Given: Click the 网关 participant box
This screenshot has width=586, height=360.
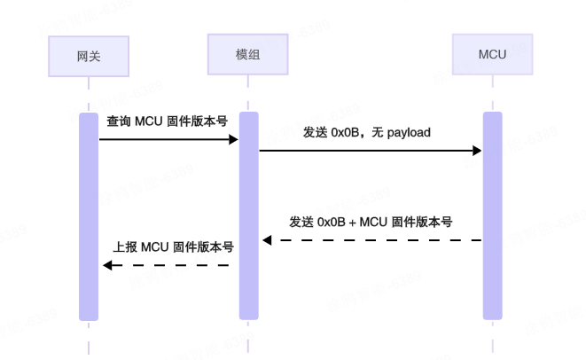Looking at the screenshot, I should tap(89, 56).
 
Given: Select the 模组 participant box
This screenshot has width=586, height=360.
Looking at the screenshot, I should tap(247, 54).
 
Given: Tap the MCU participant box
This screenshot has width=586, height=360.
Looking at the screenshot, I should tap(492, 54).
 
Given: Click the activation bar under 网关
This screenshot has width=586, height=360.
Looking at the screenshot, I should tap(89, 216).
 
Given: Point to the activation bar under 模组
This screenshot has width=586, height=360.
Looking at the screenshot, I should tap(248, 216).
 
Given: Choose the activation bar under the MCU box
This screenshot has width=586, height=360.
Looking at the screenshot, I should tap(492, 216).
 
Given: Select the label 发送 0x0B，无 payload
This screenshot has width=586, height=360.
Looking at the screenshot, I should tap(366, 132).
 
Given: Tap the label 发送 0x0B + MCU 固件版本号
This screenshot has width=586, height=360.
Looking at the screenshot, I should tap(371, 222).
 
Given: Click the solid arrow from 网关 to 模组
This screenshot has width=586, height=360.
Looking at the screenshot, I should tap(168, 139).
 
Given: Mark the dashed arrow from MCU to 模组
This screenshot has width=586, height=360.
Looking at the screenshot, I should tap(372, 240).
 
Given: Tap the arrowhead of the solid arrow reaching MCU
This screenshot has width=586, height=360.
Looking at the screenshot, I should tap(476, 151).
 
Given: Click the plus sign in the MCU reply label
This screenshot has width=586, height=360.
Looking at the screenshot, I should tap(352, 223).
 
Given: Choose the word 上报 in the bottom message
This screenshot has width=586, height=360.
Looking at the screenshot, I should tap(124, 247).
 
